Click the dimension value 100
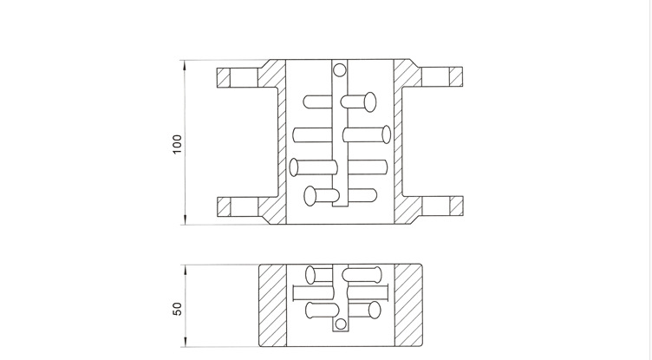click(177, 144)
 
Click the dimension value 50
click(177, 307)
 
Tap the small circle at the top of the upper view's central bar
click(339, 69)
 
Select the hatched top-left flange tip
click(225, 77)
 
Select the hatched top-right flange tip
click(453, 77)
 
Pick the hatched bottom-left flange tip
click(225, 207)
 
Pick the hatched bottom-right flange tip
click(453, 207)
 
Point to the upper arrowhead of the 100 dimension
click(184, 63)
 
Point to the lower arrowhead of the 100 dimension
click(184, 222)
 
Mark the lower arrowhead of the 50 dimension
click(184, 344)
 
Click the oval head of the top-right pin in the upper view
click(370, 101)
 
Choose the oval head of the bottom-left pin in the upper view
click(310, 195)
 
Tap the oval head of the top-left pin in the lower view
click(310, 275)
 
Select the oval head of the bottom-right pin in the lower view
click(376, 310)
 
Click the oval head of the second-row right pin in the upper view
click(385, 134)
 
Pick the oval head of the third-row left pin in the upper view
click(295, 166)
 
